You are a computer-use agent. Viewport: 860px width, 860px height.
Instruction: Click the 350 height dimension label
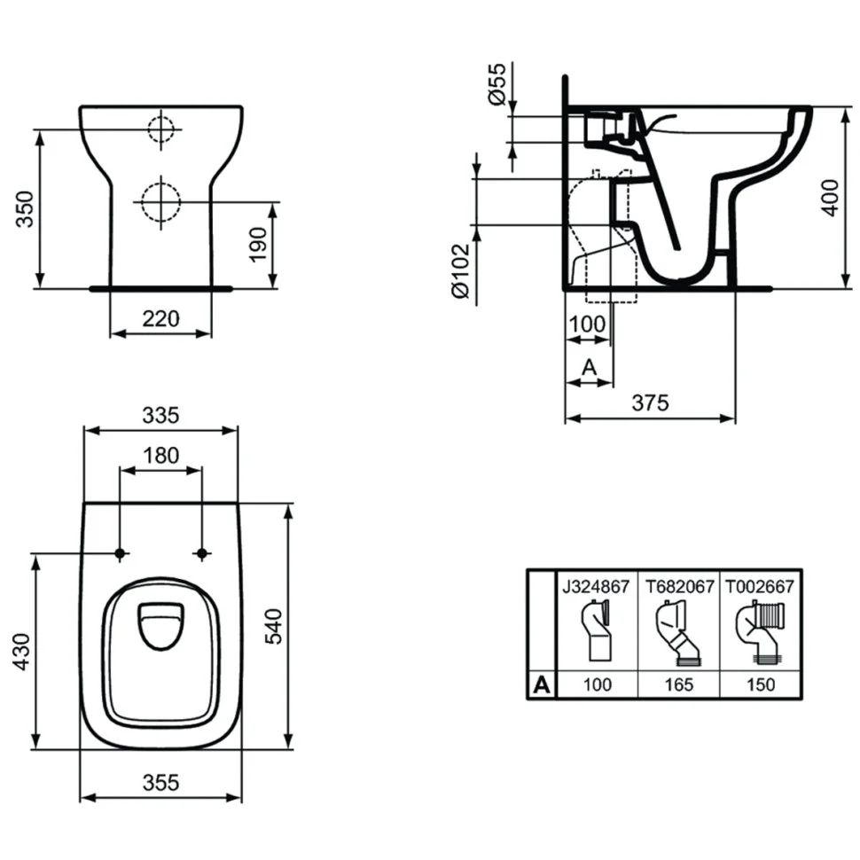(x=25, y=209)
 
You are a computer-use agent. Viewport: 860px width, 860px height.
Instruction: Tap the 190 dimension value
(x=258, y=245)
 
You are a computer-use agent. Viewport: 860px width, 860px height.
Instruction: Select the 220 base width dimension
(x=160, y=318)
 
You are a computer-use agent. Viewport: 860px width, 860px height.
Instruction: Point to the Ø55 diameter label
(x=497, y=83)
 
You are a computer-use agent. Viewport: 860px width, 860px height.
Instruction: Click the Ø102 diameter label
(x=461, y=271)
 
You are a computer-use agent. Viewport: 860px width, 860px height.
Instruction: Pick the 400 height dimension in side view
(x=832, y=198)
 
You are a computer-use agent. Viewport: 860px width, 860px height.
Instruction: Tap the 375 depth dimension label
(x=651, y=403)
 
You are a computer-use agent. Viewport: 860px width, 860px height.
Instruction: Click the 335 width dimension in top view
(x=160, y=415)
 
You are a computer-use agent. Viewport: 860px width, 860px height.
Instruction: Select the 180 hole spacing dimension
(x=160, y=455)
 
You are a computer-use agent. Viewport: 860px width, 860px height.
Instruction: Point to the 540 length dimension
(x=272, y=626)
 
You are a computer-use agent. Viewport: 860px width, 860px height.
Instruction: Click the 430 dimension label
(x=22, y=652)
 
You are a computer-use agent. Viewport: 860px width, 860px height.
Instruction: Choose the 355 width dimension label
(x=160, y=783)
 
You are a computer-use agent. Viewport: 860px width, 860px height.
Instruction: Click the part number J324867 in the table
(x=596, y=587)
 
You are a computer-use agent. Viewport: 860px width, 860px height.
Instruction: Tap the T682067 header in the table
(x=679, y=587)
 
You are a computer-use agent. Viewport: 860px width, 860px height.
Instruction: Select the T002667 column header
(x=760, y=587)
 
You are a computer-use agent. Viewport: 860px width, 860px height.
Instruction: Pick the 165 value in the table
(x=679, y=684)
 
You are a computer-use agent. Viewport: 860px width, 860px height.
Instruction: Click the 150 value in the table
(x=760, y=684)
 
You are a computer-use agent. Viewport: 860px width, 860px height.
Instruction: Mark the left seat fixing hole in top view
(x=120, y=553)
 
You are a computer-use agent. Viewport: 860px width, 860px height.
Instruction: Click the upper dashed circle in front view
(x=160, y=129)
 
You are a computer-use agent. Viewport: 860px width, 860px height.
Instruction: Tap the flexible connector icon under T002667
(x=759, y=631)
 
